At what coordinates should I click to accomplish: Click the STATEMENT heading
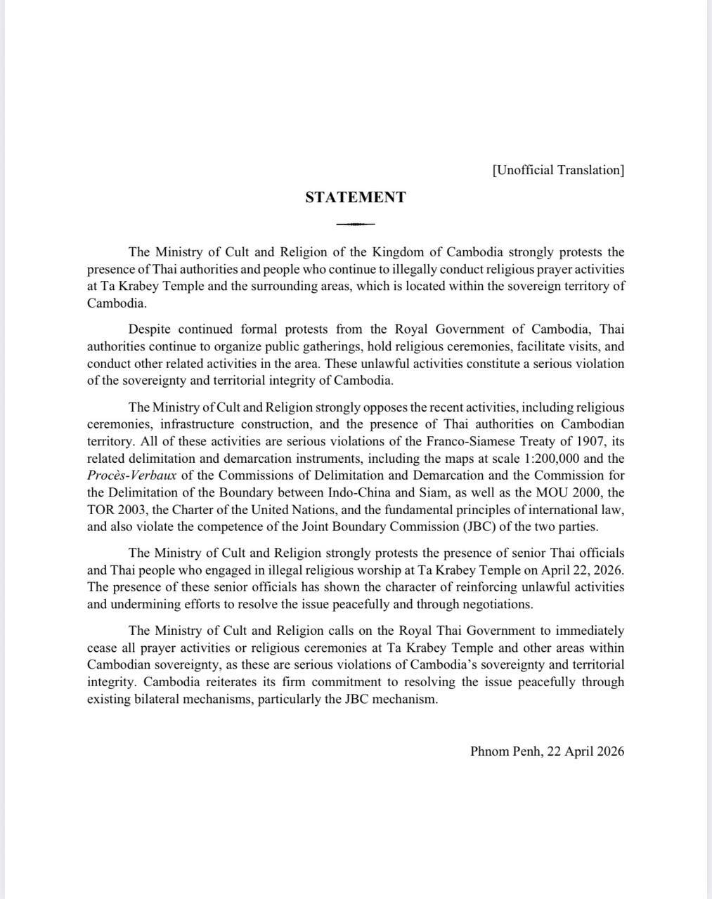(x=355, y=197)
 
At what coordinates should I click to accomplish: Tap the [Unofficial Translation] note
(x=558, y=170)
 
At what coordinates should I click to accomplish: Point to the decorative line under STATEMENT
(x=355, y=224)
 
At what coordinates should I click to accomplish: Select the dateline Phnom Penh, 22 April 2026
(x=547, y=751)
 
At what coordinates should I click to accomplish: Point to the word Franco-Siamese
(x=467, y=441)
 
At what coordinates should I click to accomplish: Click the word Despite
(x=149, y=329)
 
